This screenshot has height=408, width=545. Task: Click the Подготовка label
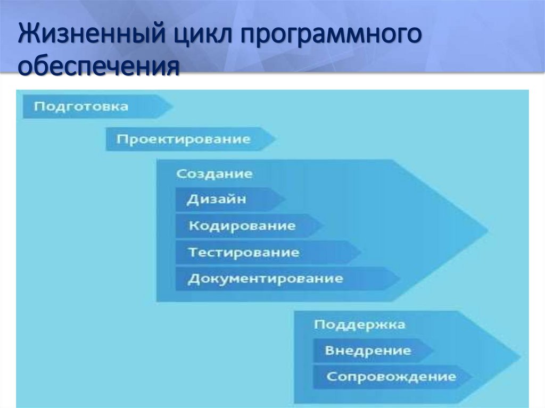tap(81, 106)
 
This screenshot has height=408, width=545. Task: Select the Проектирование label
tap(183, 139)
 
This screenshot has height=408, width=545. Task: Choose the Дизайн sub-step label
tap(217, 199)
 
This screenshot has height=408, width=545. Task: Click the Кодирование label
tap(242, 226)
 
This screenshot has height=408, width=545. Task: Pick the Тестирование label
tap(244, 252)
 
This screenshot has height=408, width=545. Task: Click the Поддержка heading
tap(359, 324)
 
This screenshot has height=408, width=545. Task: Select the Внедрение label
tap(368, 351)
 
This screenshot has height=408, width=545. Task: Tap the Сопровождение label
tap(391, 377)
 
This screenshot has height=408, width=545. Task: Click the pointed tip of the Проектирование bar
tap(275, 139)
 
